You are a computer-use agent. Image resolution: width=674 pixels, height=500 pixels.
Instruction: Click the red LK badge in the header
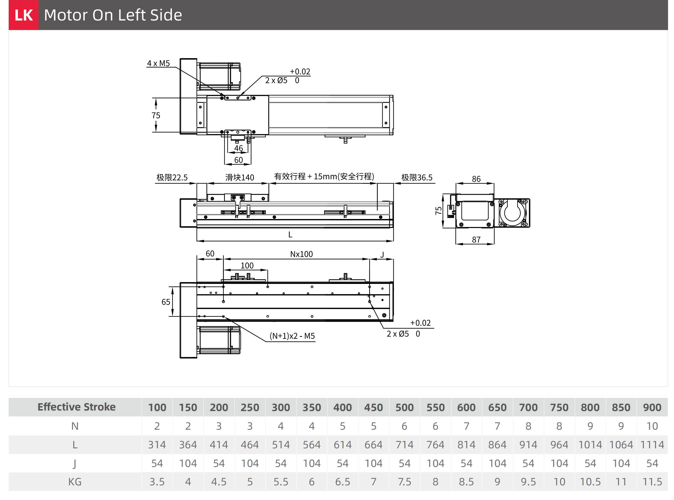pos(23,15)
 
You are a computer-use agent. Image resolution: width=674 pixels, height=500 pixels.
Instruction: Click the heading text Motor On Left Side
pos(113,15)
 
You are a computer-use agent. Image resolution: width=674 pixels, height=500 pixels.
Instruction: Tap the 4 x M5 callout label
pos(158,63)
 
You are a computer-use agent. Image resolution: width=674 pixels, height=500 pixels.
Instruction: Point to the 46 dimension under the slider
pos(238,148)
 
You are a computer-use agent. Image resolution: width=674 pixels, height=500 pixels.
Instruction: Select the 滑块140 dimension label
pos(239,177)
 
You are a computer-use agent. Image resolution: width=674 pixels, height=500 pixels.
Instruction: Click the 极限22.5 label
pos(172,177)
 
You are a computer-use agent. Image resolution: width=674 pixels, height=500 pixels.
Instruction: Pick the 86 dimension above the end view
pos(476,179)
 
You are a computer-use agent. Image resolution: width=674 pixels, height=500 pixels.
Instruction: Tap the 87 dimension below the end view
pos(476,240)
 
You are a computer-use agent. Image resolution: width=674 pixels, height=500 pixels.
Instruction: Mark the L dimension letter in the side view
pos(290,234)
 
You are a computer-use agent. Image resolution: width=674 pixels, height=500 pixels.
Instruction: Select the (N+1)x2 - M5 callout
pos(292,336)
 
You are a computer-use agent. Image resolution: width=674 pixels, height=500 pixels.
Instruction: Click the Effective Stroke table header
pos(76,407)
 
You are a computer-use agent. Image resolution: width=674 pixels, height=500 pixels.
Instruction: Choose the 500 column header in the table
pos(404,407)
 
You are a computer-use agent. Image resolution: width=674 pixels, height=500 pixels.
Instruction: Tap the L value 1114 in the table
pos(652,445)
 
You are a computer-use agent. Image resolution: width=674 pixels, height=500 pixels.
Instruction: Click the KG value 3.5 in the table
pos(157,482)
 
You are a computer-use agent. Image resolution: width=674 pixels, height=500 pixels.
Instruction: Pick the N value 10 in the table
pos(652,426)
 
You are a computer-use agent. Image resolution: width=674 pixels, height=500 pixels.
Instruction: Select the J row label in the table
pos(75,463)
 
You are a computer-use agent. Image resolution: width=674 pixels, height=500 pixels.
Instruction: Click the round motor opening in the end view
pos(512,212)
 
